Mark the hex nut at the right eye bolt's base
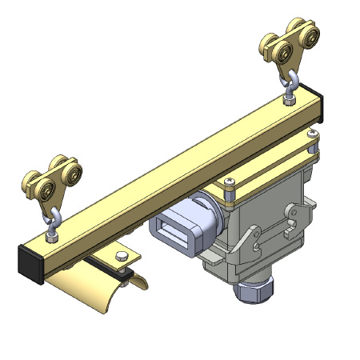[290, 98]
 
